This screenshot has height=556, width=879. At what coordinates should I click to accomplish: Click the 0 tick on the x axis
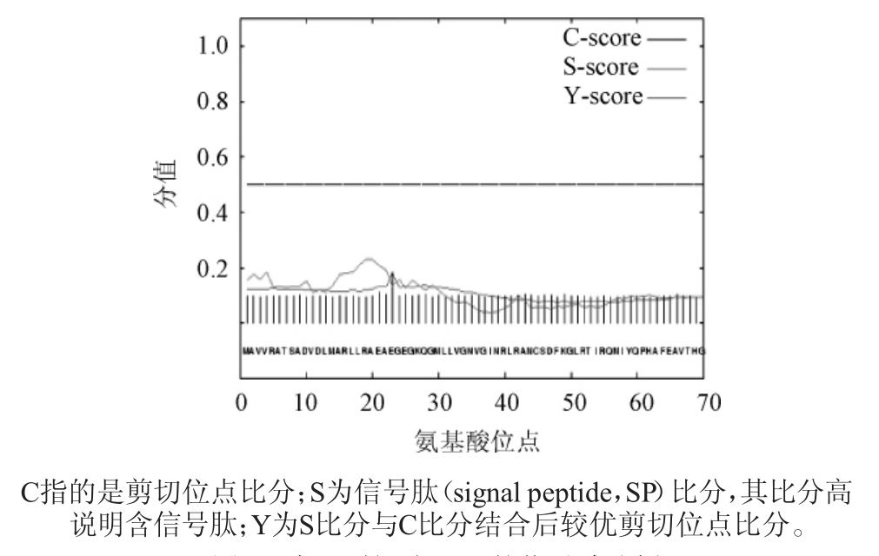[x=242, y=403]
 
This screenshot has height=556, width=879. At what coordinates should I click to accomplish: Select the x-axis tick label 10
[x=306, y=403]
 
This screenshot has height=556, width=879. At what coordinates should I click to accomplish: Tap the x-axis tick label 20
[x=372, y=403]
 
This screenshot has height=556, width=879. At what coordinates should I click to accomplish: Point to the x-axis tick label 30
[x=438, y=403]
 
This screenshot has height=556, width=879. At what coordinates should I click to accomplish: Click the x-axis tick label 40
[x=504, y=403]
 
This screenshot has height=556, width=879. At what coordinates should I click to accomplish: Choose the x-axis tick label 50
[x=570, y=403]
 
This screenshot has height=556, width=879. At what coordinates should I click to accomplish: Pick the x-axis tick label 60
[x=636, y=403]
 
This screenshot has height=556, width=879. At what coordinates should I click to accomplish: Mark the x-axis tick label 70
[x=703, y=403]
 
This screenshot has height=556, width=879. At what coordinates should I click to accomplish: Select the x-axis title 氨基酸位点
[x=475, y=441]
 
